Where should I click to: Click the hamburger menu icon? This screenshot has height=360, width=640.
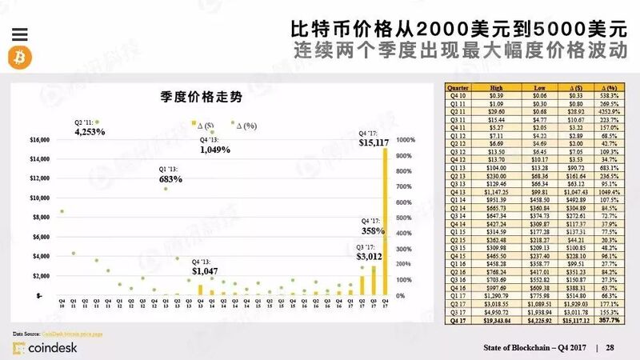[21, 34]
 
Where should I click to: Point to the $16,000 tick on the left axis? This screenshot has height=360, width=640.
[40, 139]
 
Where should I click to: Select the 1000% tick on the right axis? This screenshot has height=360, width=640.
[406, 139]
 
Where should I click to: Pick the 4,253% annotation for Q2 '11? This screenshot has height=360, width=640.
[90, 131]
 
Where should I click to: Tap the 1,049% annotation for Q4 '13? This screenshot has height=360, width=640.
[215, 149]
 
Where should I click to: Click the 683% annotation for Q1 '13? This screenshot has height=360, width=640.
[170, 178]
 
